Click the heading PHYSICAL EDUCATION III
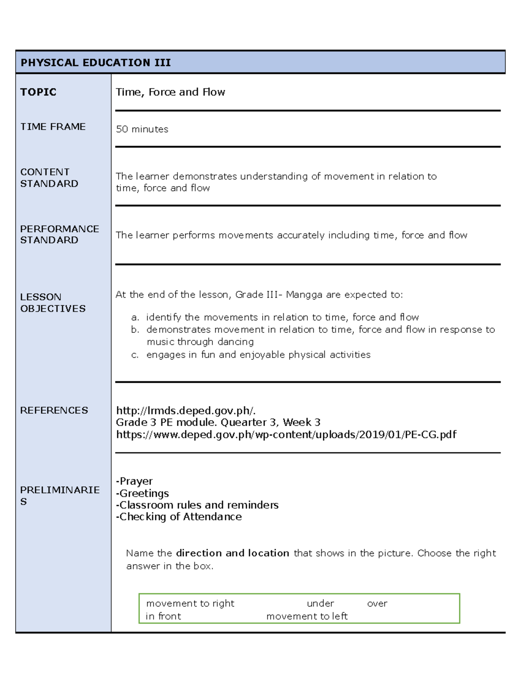coord(96,62)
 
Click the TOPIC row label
coord(38,92)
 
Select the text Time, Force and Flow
coord(170,92)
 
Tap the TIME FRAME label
coord(53,127)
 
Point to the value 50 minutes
coord(142,129)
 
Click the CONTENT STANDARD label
coord(49,178)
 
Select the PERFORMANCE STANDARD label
coord(59,234)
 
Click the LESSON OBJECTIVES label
coord(53,302)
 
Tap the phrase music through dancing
coord(200,342)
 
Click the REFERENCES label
coord(54,410)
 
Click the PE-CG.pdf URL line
coord(286,434)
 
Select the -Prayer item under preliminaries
coord(134,481)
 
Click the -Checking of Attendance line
coord(178,517)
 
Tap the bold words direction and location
coord(232,553)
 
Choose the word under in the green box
coord(320,604)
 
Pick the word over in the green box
coord(377,604)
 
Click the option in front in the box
coord(163,616)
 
